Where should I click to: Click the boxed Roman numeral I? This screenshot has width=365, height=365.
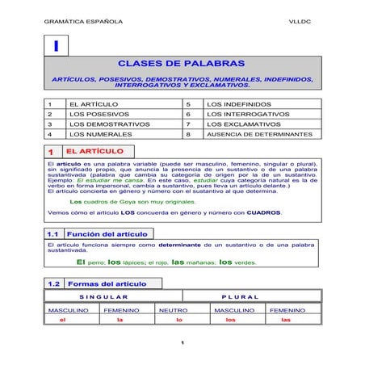[56, 48]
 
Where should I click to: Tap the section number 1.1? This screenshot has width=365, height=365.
[53, 233]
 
